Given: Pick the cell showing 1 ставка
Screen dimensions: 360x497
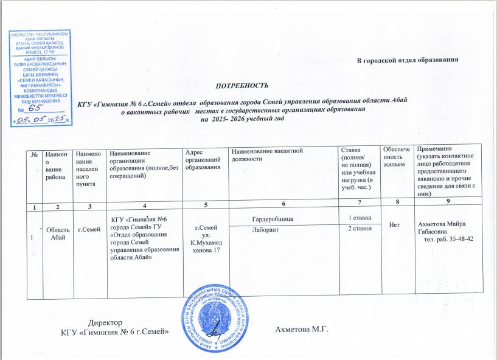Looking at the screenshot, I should pos(356,217).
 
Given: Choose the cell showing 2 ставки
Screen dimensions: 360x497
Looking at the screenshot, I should pos(358,229).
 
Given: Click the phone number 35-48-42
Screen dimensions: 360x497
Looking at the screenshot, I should pos(459,239).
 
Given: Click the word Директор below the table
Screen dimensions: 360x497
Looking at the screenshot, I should pos(105,322).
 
